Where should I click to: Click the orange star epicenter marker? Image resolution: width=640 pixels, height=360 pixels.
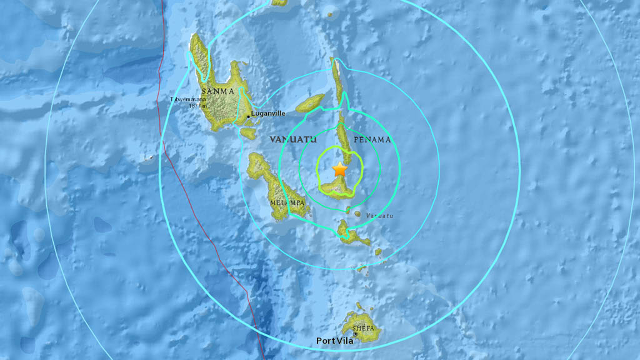339,169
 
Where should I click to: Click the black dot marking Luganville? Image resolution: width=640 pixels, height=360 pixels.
248,116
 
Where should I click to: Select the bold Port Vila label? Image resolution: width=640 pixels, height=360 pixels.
336,341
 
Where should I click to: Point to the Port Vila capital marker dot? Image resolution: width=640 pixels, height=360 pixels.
356,334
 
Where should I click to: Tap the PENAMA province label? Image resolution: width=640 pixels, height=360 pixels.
372,139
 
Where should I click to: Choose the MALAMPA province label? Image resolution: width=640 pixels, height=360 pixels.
287,203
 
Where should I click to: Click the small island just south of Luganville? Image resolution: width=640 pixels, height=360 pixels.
248,133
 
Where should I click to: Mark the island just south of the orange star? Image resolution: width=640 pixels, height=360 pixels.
337,187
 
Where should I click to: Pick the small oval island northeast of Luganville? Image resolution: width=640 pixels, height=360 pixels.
310,102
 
